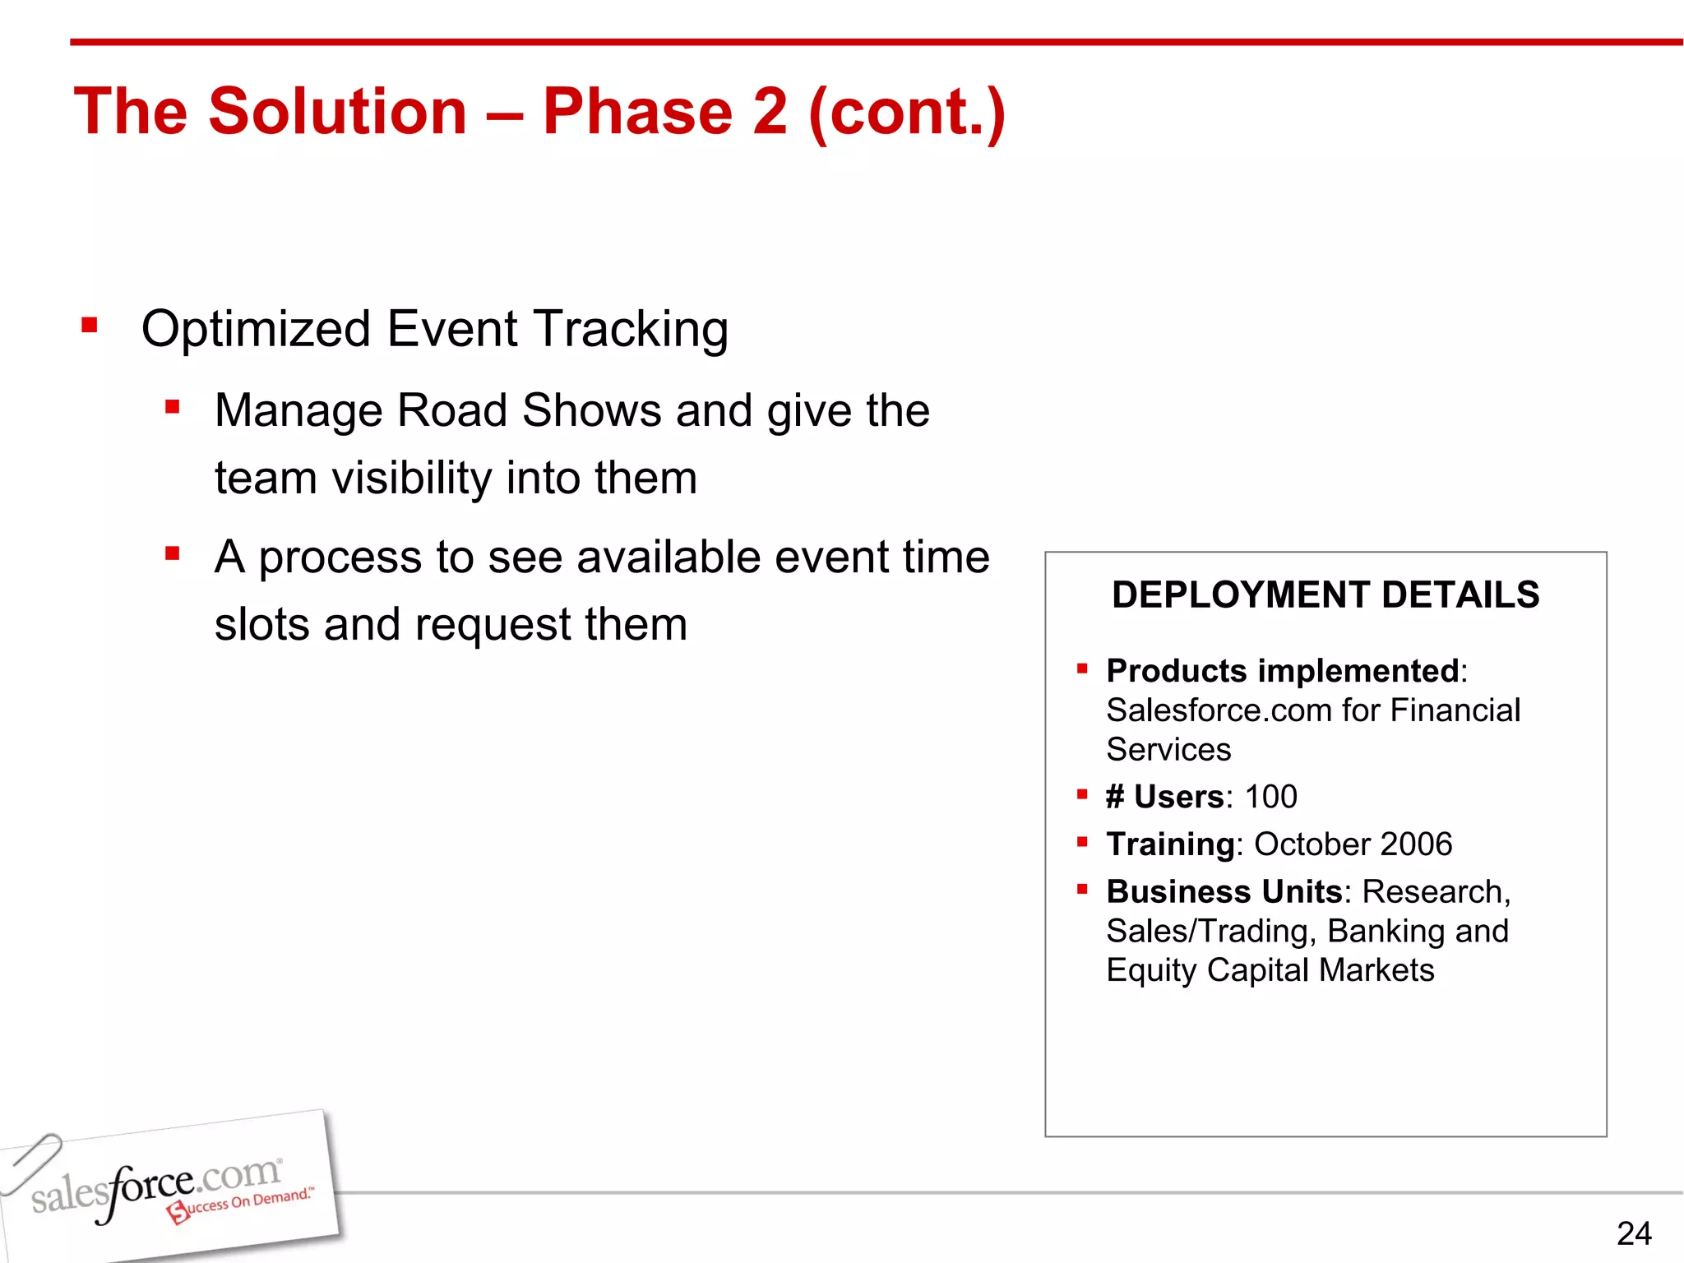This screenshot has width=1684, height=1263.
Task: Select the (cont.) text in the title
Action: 907,113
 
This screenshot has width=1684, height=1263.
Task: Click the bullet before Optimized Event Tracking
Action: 90,326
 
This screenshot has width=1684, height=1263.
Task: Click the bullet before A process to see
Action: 172,553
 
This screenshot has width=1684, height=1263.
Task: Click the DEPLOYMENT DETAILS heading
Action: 1325,594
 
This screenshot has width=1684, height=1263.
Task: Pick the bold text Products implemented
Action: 1282,671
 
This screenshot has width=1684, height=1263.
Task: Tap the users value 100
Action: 1270,797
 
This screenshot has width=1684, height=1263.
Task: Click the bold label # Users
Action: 1164,797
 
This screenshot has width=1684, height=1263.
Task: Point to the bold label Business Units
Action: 1224,892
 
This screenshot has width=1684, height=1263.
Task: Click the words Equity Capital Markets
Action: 1270,970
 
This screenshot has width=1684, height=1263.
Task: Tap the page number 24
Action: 1633,1233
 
